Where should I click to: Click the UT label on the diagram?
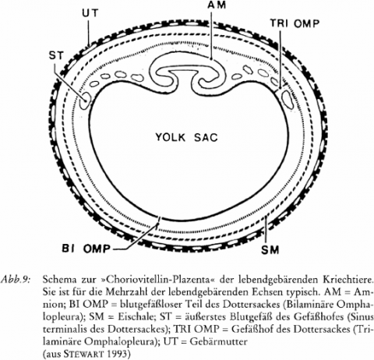tap(90, 13)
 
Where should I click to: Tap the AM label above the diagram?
tap(217, 5)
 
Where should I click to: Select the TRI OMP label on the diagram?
tap(295, 23)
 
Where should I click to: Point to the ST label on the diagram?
tap(56, 55)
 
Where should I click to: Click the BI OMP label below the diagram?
tap(86, 249)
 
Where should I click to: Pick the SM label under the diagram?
tap(270, 250)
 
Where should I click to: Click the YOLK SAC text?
tap(186, 137)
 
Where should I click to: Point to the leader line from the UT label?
tap(89, 32)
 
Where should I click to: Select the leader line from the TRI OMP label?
tap(280, 59)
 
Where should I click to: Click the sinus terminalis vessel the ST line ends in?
tap(85, 101)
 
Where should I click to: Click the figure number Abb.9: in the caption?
tap(16, 281)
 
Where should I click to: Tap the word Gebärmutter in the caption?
tap(219, 341)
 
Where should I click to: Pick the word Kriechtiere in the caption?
tap(348, 281)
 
